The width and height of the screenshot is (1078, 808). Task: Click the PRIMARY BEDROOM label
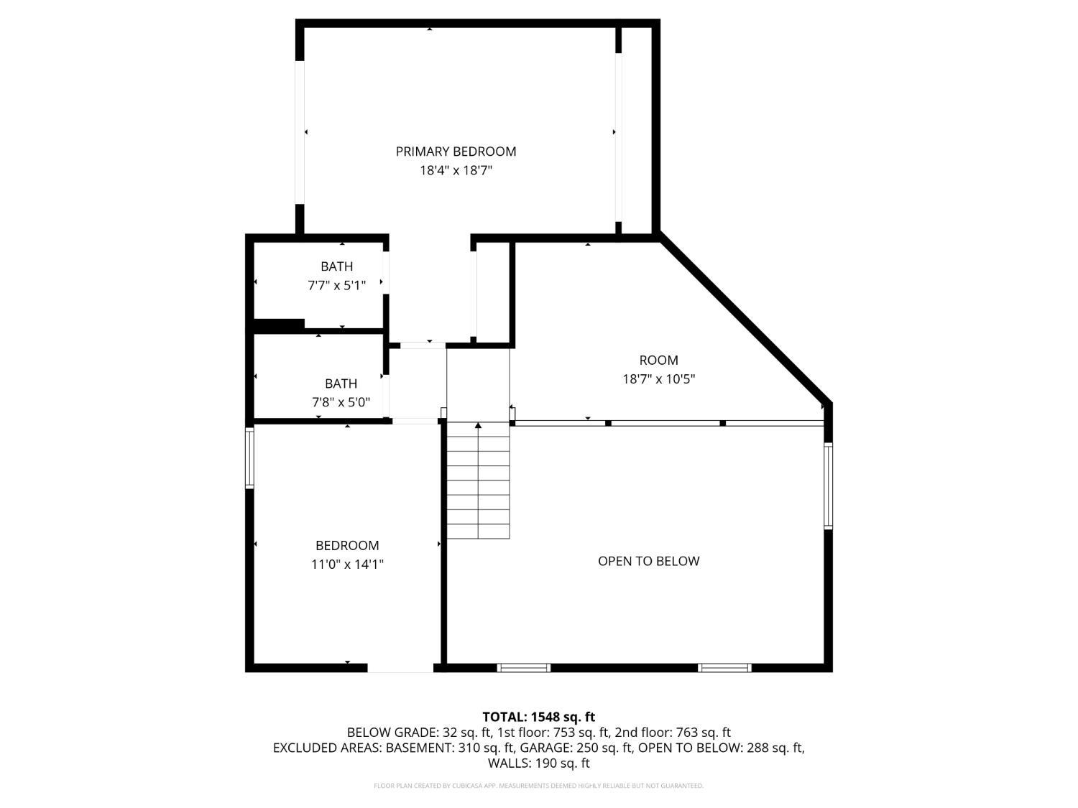456,152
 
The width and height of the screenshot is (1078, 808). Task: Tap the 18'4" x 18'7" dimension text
456,171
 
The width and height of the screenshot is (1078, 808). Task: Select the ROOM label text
658,360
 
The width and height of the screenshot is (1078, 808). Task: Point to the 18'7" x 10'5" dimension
658,379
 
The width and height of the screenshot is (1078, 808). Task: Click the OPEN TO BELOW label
648,561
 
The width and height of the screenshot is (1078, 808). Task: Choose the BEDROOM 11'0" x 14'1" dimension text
347,565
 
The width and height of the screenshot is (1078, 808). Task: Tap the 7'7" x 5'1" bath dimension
337,286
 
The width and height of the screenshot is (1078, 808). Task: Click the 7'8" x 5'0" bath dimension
341,402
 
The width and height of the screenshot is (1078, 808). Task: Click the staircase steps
478,480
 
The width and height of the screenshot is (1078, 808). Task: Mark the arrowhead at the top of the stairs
478,425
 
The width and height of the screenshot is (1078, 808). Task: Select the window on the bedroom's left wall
249,458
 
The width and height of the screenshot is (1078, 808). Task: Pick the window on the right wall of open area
828,486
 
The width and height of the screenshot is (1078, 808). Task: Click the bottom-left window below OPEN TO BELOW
523,668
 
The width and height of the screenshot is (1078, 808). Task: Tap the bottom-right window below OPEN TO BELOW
724,668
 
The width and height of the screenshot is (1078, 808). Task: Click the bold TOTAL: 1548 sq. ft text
539,718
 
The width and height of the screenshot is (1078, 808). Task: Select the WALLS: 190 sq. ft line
539,763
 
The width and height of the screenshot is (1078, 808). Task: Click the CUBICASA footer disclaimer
539,786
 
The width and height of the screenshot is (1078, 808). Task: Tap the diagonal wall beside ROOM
744,320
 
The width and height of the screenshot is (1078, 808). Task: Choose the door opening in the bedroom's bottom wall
400,668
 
